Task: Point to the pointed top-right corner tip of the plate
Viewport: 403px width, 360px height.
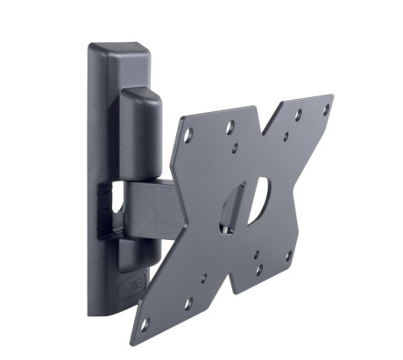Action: pyautogui.click(x=332, y=95)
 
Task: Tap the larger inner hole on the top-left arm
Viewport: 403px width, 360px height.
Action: pyautogui.click(x=230, y=128)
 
